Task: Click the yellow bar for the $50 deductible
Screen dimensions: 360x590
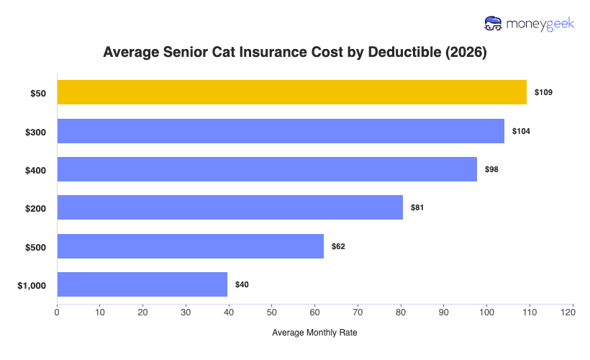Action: click(x=291, y=92)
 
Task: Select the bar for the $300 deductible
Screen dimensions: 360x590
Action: click(x=281, y=131)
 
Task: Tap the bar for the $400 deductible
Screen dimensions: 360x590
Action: click(x=267, y=169)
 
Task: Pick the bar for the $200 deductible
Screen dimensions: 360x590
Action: click(x=230, y=207)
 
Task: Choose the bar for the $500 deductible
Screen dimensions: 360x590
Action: click(x=190, y=246)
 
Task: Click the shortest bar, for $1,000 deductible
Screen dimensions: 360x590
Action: click(x=142, y=284)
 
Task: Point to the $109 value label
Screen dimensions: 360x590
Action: click(x=543, y=93)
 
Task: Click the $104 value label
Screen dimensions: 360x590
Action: click(x=521, y=131)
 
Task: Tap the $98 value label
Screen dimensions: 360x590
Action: click(x=491, y=169)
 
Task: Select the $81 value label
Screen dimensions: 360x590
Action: click(x=417, y=207)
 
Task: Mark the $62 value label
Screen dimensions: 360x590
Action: click(x=338, y=246)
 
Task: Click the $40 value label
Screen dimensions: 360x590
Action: click(x=242, y=284)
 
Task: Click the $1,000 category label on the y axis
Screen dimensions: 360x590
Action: click(x=32, y=285)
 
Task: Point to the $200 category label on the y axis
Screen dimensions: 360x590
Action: click(x=36, y=208)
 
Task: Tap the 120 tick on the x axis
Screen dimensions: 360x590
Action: click(x=573, y=312)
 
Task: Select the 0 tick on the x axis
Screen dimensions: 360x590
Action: click(x=57, y=312)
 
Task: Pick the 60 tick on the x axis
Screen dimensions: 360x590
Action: click(x=315, y=312)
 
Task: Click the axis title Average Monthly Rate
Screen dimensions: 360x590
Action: click(x=314, y=333)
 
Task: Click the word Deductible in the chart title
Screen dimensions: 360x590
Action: click(x=406, y=53)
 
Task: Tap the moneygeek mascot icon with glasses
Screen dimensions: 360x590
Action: click(x=494, y=23)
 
